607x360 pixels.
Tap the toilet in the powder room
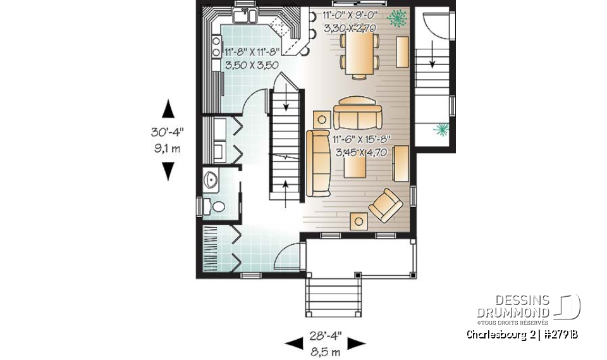216,206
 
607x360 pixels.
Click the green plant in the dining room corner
397,18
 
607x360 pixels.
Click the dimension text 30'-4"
168,133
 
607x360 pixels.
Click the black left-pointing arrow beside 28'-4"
293,344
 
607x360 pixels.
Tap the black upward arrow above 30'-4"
168,109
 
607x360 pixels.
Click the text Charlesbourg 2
496,334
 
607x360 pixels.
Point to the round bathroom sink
211,180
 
